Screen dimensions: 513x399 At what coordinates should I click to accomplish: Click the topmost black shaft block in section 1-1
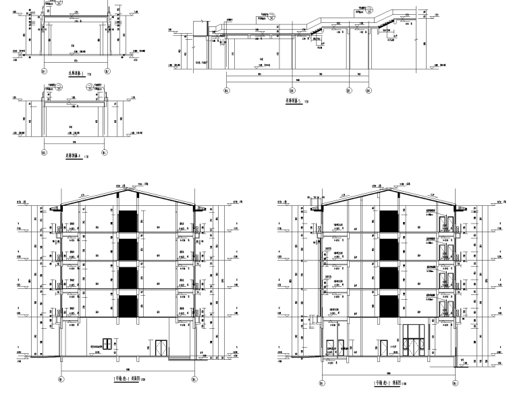126,222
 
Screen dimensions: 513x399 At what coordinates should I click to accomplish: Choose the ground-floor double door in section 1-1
162,348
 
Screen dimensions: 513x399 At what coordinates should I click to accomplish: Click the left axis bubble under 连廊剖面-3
45,70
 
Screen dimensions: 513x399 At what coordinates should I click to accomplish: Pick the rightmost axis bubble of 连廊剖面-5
369,89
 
